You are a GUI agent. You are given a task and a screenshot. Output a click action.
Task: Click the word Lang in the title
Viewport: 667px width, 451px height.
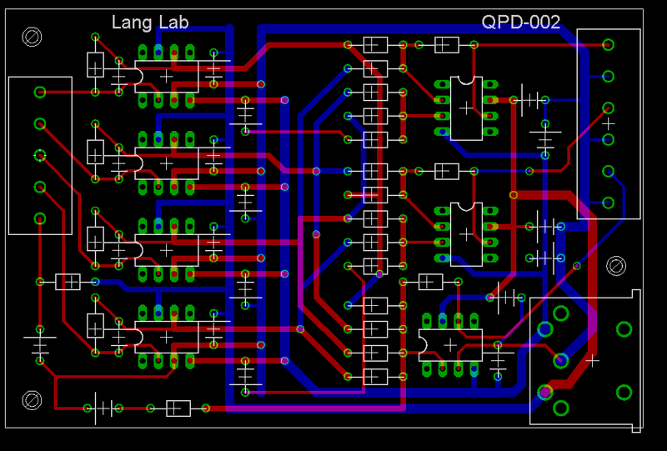[x=129, y=23]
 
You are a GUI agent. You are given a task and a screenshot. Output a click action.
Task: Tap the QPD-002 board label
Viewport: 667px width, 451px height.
[x=521, y=23]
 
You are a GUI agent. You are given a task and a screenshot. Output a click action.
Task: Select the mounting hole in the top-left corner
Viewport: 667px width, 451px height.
[x=33, y=37]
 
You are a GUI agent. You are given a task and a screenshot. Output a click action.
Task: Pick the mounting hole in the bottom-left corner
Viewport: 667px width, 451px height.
[x=33, y=400]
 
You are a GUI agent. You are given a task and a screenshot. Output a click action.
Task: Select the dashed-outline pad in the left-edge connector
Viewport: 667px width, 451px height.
[x=39, y=155]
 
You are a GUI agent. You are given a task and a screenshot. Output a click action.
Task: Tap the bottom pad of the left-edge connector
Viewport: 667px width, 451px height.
[x=39, y=218]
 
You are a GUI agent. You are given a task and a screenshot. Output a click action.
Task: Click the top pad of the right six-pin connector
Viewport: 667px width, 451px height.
[x=609, y=44]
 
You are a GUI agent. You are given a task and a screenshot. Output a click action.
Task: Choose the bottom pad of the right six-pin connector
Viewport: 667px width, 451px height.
[x=609, y=203]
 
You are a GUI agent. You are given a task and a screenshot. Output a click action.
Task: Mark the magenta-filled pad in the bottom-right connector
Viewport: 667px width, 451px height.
[x=544, y=391]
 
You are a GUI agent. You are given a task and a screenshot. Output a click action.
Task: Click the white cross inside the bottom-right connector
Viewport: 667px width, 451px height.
[x=592, y=360]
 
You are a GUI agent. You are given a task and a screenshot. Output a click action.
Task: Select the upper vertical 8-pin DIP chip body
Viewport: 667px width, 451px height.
[x=466, y=108]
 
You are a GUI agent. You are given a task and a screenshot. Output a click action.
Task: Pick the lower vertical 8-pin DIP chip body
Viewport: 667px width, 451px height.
[x=466, y=234]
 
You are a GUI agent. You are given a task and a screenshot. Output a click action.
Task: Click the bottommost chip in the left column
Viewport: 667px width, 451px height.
[x=166, y=337]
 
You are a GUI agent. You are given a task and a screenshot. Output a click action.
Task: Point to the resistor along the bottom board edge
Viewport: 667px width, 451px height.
[x=177, y=408]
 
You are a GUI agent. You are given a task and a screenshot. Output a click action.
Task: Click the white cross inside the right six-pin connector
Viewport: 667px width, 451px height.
[x=609, y=123]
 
